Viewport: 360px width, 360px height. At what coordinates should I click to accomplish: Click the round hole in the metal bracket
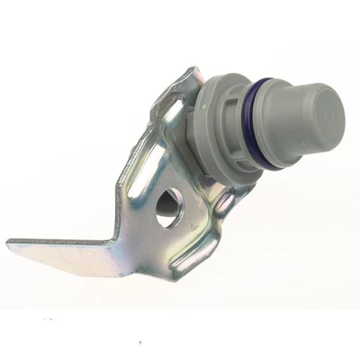click(x=167, y=209)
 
